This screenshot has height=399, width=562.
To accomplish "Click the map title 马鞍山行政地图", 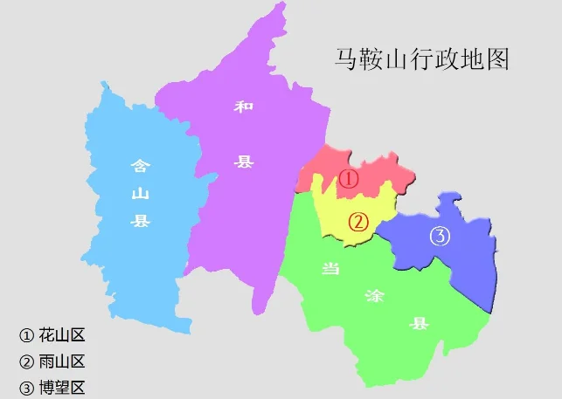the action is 422,59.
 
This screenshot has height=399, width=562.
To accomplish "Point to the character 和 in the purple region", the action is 243,107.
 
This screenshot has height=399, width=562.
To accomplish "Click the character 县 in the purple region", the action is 243,162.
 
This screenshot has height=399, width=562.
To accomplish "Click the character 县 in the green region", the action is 420,325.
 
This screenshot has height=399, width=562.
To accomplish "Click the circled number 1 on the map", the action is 349,179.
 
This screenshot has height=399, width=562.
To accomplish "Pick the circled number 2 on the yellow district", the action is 357,222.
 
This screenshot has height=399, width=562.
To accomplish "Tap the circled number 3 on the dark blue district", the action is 440,236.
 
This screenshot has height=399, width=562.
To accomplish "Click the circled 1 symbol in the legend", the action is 26,335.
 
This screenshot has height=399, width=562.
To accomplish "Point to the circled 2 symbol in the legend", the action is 26,361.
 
